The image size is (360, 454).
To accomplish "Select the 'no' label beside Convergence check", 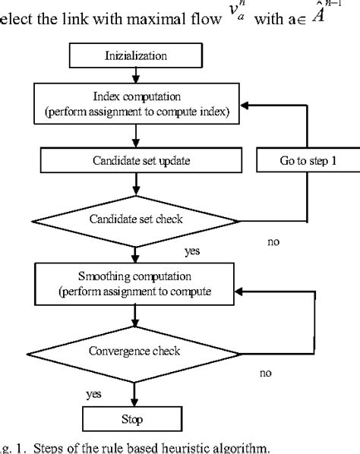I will [265, 374].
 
